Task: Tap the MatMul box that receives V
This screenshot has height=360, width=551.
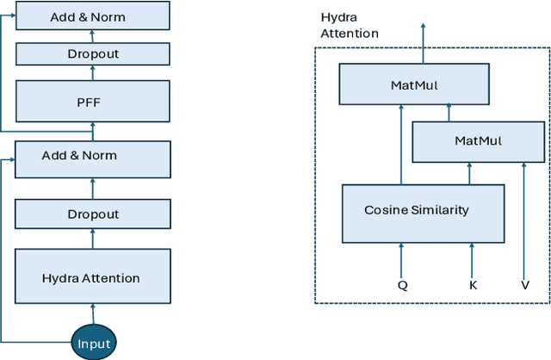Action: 478,141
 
